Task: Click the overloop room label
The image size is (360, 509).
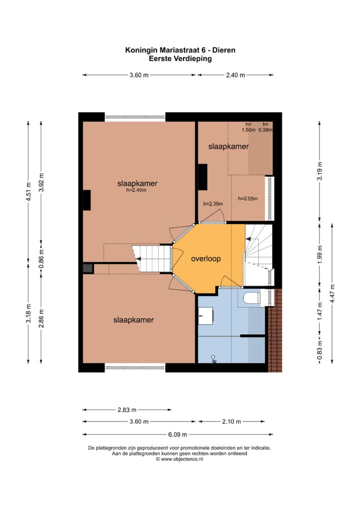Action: click(205, 258)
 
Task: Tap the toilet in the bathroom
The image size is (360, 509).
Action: click(252, 297)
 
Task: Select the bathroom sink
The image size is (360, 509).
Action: click(205, 315)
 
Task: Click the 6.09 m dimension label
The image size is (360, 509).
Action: click(177, 434)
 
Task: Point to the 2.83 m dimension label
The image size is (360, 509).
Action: click(127, 409)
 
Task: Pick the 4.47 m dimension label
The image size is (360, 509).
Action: click(332, 294)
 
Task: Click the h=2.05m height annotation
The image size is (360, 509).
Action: click(248, 198)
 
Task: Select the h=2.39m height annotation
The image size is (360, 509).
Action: click(213, 204)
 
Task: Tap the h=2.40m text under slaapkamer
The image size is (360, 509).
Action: click(136, 190)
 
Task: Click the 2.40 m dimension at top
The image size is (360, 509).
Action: click(235, 75)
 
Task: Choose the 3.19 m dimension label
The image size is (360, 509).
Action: click(319, 171)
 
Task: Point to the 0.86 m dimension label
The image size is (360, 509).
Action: click(41, 259)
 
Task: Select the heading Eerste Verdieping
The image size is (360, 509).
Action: click(180, 59)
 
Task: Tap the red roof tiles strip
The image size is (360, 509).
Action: click(275, 330)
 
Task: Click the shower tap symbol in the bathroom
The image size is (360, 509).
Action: click(213, 358)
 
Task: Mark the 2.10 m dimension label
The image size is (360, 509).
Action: click(231, 421)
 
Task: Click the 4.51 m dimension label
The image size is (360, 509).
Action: click(28, 191)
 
